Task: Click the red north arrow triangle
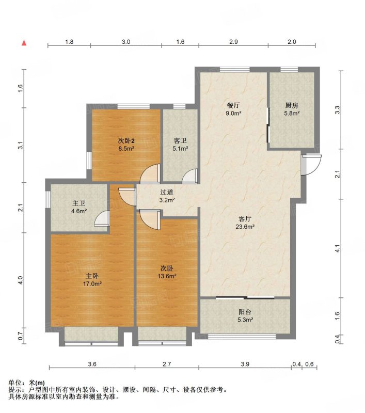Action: [x=24, y=43]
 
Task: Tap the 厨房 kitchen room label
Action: [x=292, y=106]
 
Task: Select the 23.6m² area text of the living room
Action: [x=245, y=227]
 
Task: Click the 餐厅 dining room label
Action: [x=233, y=105]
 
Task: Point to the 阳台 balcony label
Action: [x=245, y=312]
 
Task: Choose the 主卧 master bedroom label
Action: [x=92, y=276]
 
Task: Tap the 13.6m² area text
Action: [x=167, y=276]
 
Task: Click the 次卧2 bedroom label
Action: [x=126, y=140]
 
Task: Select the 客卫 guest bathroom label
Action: [x=180, y=140]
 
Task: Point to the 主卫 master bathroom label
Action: [x=79, y=203]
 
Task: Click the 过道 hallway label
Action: [x=167, y=193]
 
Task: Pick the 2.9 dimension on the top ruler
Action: [x=233, y=42]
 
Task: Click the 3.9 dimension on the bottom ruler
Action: [x=245, y=364]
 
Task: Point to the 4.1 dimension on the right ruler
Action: [x=337, y=248]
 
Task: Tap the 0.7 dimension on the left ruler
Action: [x=21, y=336]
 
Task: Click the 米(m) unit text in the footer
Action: [x=37, y=383]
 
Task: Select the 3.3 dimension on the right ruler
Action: [x=337, y=110]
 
